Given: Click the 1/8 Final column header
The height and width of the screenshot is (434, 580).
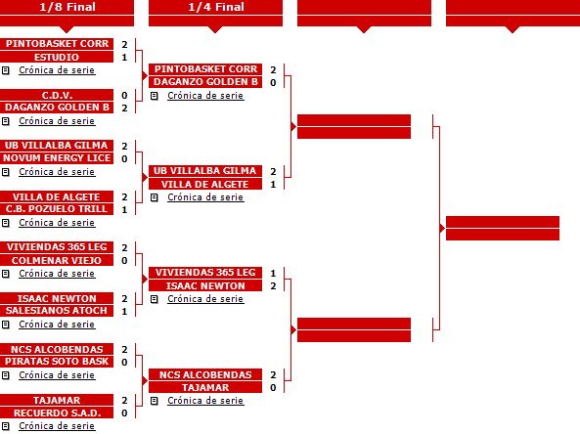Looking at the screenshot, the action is [x=67, y=7].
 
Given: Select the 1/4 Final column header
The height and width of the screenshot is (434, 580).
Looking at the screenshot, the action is [x=215, y=7].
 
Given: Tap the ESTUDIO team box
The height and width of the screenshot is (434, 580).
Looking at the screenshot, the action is [x=57, y=58].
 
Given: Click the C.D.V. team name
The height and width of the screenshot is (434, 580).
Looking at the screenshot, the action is [x=57, y=95].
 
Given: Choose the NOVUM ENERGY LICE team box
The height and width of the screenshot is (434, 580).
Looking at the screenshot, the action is [x=57, y=158].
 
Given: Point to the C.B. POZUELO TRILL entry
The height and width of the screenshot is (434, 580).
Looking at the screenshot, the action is [x=57, y=209].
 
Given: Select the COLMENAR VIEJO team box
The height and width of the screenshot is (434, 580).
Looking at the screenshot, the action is [x=57, y=260].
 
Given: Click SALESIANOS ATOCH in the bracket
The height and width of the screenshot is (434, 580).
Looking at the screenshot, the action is [x=57, y=311].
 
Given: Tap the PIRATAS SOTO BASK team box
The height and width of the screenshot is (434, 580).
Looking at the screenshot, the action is [x=57, y=362].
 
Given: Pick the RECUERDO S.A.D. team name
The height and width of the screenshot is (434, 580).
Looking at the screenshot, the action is [x=57, y=412].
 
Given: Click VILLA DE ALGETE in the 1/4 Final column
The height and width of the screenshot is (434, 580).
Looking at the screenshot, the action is [x=205, y=184].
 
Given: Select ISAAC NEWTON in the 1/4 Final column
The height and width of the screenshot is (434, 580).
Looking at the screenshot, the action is [x=205, y=285].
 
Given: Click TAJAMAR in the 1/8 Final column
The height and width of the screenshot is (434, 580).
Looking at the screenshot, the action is [x=57, y=400].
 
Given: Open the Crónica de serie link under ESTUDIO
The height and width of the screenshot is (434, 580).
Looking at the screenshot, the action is [x=57, y=70].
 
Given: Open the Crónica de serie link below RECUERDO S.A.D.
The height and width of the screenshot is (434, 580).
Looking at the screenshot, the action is [x=57, y=426].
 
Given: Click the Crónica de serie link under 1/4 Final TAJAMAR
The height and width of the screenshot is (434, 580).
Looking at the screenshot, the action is [x=205, y=401].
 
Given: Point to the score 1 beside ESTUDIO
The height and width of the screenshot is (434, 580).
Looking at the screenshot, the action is [x=124, y=58].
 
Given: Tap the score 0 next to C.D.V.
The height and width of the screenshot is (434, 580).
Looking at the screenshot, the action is [x=124, y=96].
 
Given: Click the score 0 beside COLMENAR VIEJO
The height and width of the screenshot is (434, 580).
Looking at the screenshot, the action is [x=124, y=261].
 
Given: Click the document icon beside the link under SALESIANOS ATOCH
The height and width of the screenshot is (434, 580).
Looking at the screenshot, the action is [x=6, y=325].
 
